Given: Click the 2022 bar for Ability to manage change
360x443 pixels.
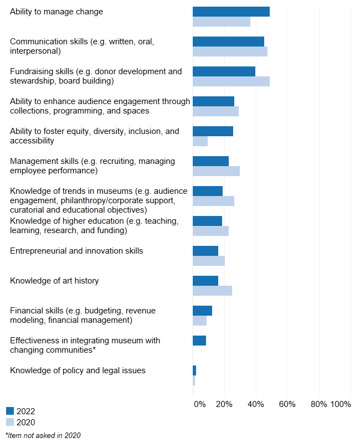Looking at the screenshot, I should [231, 12].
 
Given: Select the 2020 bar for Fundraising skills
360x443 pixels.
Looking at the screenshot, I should [231, 81].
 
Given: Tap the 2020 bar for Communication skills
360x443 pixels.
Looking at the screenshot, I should [230, 51].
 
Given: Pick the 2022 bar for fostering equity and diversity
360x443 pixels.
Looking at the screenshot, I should [213, 131].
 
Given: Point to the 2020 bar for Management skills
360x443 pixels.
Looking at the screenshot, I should [216, 171].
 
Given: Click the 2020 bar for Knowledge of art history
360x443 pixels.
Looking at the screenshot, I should [212, 291].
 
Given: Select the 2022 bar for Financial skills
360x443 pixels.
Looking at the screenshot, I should [202, 311].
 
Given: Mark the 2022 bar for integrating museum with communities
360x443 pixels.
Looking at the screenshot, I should [199, 341].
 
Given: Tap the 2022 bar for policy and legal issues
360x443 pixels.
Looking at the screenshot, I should [194, 370].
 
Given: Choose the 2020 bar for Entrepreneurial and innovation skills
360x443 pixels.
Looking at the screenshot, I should [209, 261].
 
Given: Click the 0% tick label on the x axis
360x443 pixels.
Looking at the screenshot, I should [199, 404].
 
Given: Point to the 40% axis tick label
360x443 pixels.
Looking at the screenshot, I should [255, 404].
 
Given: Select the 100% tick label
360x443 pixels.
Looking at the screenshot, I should [340, 404].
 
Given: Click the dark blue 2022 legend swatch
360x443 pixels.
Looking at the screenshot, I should [10, 411].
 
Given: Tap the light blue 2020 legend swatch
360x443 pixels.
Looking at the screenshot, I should [10, 423].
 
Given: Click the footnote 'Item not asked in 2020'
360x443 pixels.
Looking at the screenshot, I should [43, 436].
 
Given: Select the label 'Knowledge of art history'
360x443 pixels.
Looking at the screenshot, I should [54, 281].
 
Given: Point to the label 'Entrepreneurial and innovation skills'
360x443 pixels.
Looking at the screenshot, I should [76, 251].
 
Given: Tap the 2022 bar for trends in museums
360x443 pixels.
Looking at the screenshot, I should [208, 191].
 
